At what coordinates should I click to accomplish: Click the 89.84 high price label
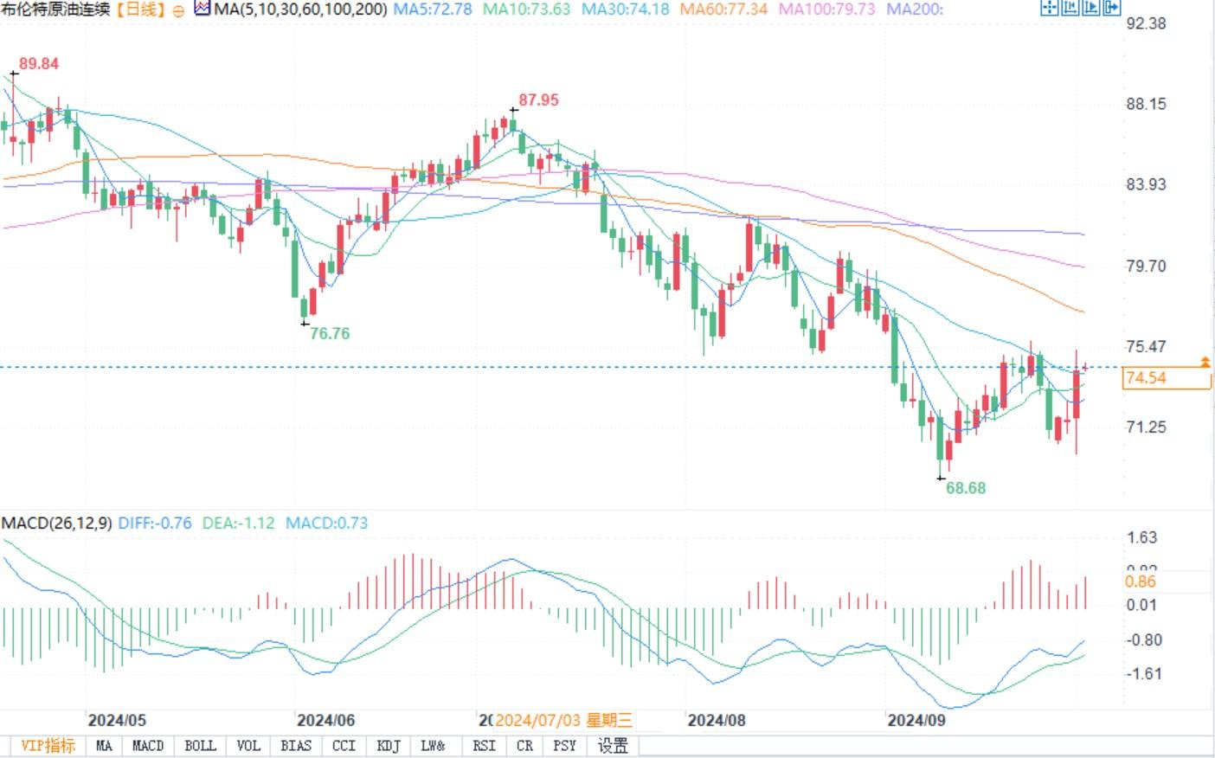point(39,64)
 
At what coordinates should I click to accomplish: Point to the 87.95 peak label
point(538,100)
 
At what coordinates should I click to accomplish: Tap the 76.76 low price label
point(330,333)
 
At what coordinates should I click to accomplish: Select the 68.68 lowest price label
point(966,488)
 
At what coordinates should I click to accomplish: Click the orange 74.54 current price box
point(1165,378)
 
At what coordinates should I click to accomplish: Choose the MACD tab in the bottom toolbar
point(148,746)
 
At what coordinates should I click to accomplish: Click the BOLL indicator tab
point(200,746)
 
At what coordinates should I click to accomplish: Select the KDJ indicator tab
point(389,746)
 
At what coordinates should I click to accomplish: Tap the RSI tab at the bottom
point(484,746)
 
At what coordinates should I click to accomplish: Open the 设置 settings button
point(613,746)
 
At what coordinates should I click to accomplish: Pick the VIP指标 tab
point(48,746)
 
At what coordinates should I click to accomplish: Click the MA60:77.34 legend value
point(723,10)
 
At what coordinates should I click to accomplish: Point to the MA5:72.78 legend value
point(433,10)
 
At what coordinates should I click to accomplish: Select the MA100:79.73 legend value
point(826,10)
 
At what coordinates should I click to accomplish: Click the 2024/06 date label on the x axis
point(325,720)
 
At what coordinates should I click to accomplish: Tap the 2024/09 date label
point(916,720)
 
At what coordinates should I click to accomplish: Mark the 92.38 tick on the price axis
point(1146,23)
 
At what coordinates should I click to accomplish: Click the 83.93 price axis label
point(1146,184)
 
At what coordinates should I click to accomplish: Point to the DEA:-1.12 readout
point(238,524)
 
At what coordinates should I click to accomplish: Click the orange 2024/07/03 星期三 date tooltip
point(563,720)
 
